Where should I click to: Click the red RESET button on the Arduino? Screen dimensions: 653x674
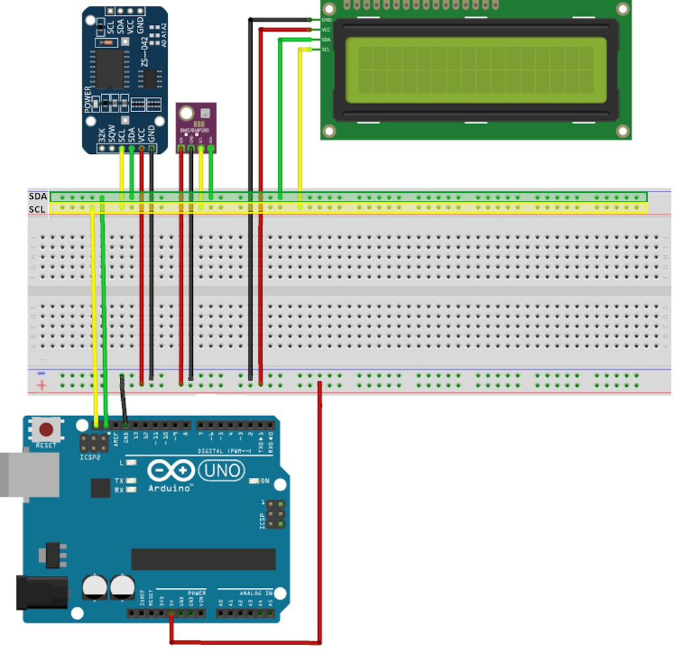[x=47, y=431]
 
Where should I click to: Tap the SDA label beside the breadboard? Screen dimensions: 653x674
[x=38, y=197]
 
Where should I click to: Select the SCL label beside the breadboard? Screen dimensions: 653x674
[x=38, y=209]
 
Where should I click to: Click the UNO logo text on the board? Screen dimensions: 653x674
[x=221, y=471]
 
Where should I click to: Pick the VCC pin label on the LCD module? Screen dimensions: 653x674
[x=326, y=30]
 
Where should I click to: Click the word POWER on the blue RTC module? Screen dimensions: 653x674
[x=89, y=98]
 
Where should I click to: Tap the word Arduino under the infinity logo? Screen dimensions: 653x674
[x=170, y=488]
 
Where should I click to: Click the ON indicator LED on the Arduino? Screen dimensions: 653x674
[x=255, y=481]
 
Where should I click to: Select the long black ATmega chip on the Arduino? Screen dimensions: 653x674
[x=203, y=559]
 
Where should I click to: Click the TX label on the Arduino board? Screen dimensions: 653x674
[x=119, y=481]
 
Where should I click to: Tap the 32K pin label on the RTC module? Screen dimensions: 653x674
[x=101, y=135]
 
